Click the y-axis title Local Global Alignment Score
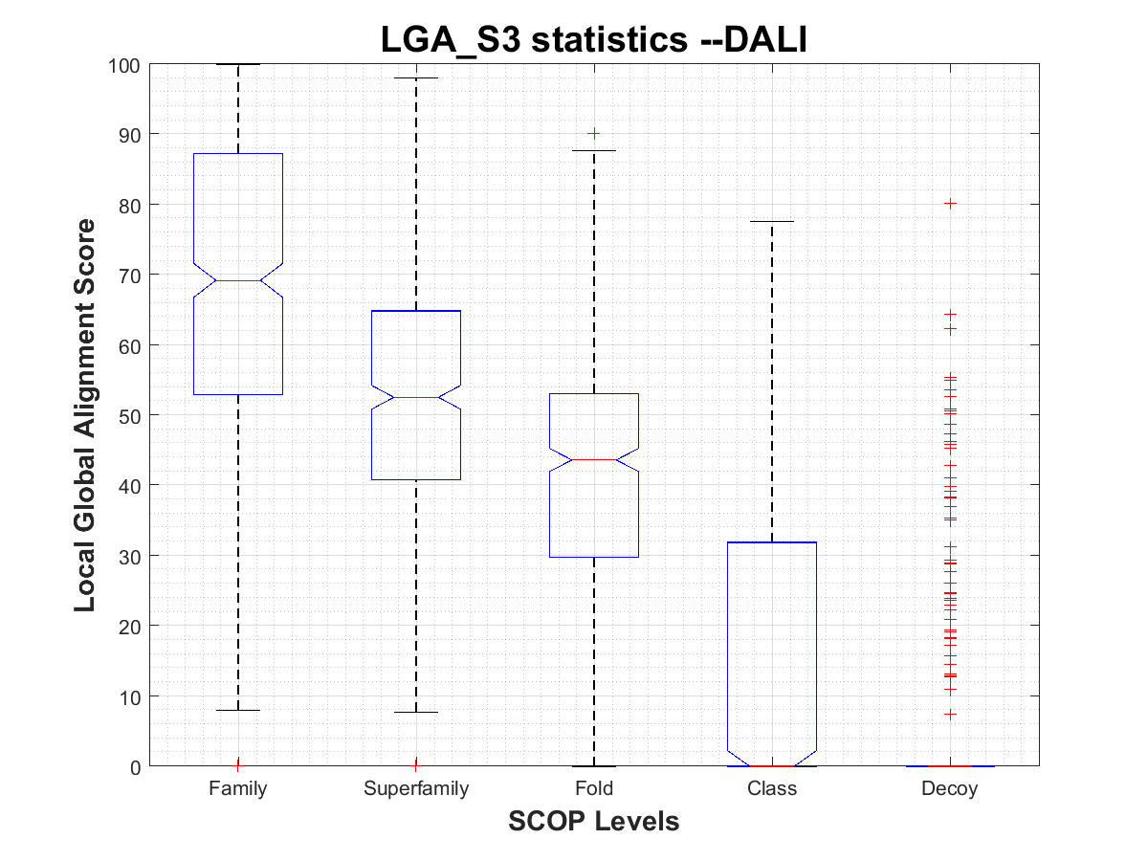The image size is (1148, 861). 85,415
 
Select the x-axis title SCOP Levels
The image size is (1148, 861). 594,821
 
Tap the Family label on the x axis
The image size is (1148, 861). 238,789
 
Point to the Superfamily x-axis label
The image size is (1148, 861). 416,789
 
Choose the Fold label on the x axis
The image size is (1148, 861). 594,789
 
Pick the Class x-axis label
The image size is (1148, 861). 772,789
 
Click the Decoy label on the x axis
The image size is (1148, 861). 950,789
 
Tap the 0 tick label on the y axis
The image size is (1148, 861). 138,766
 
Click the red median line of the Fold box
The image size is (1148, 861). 594,460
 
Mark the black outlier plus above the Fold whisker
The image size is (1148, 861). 594,133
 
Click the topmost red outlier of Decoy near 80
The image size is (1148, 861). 950,204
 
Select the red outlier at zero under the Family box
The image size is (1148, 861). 238,764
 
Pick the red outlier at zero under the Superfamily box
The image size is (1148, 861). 416,764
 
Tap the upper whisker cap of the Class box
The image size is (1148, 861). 772,222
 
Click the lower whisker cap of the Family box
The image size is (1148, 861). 238,710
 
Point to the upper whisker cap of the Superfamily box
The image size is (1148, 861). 416,77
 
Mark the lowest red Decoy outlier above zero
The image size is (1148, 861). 950,714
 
